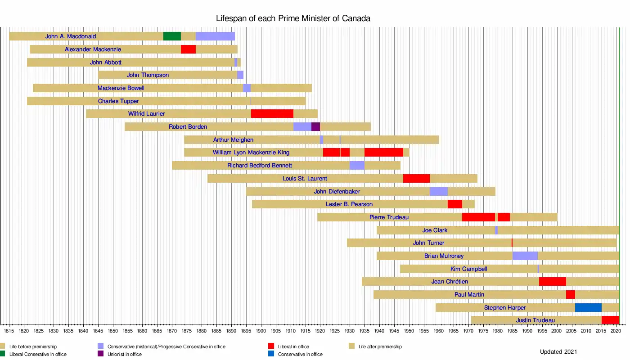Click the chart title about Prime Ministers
293,18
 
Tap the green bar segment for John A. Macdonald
172,36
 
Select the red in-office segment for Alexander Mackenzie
188,49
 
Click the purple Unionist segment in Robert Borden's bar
315,127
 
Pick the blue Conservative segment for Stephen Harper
588,308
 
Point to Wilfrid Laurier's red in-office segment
272,114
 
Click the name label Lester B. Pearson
349,204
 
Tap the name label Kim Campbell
468,269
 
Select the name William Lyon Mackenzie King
251,153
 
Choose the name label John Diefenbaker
337,192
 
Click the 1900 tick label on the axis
261,331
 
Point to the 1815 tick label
9,331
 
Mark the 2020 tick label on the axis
616,331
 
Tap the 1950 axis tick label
409,331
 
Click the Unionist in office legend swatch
100,354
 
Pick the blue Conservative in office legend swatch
271,354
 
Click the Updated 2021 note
558,351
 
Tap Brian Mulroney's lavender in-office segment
525,256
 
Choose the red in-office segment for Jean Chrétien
552,282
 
